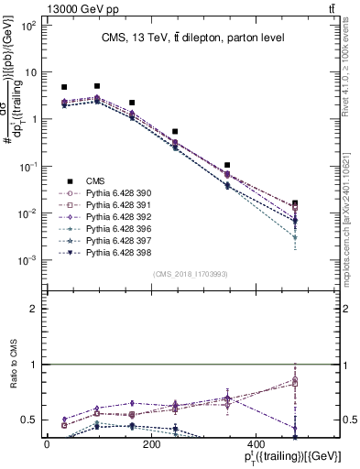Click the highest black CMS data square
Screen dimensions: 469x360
pyautogui.click(x=97, y=86)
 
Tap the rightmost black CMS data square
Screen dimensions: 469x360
pyautogui.click(x=295, y=204)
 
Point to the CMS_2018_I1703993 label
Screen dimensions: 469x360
pyautogui.click(x=191, y=273)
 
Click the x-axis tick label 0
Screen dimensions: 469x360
pyautogui.click(x=47, y=444)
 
